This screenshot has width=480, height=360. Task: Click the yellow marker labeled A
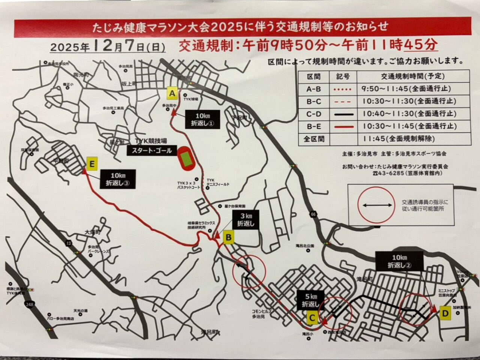[172, 93]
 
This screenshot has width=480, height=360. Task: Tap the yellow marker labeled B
[229, 237]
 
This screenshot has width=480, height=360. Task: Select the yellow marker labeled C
[312, 318]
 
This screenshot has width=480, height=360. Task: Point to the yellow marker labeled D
[445, 313]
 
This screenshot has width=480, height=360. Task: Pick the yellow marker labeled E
[92, 164]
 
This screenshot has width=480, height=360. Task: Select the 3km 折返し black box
[246, 220]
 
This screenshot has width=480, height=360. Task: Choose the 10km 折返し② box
[399, 261]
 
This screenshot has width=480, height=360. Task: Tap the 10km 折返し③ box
[117, 179]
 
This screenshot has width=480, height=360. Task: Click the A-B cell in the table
[313, 89]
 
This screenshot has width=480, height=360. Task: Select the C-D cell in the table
[313, 114]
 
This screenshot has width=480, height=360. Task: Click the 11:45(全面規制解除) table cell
[399, 139]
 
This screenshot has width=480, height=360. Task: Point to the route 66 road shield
[312, 214]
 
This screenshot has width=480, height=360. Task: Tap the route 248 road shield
[30, 305]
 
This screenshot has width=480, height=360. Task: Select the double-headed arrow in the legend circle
[376, 205]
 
